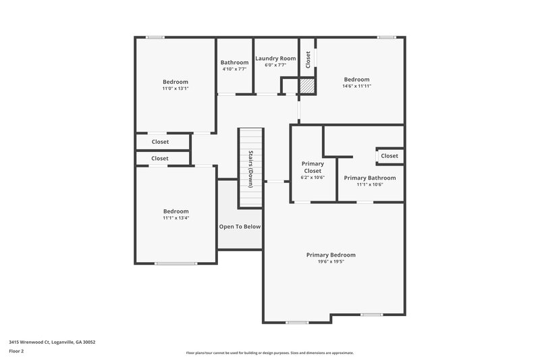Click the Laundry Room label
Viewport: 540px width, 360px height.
tap(275, 59)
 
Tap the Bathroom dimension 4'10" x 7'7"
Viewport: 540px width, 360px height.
tap(234, 69)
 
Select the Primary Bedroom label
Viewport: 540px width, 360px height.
tap(331, 255)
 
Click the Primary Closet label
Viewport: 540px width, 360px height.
tap(313, 167)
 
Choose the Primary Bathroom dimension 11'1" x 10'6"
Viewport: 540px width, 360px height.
tap(370, 184)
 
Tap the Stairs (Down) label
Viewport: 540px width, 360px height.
tap(250, 168)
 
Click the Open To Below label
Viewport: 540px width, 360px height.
tap(239, 227)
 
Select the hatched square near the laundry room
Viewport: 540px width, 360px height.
tap(307, 86)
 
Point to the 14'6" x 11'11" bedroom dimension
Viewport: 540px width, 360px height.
tap(356, 86)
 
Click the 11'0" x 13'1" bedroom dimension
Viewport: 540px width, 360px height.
tap(175, 88)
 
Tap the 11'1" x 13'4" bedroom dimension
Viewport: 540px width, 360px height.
tap(175, 218)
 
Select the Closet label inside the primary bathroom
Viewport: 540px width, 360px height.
tap(389, 156)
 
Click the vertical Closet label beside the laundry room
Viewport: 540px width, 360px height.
tap(308, 59)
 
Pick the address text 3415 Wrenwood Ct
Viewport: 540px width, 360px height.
tap(52, 342)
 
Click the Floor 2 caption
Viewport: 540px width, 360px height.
tap(16, 351)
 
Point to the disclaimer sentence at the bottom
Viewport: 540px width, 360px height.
tap(270, 353)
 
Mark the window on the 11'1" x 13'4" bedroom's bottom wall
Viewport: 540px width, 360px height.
tap(175, 263)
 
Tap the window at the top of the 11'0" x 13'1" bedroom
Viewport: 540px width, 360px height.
tap(156, 37)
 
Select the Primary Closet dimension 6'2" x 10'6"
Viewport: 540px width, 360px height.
tap(313, 178)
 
